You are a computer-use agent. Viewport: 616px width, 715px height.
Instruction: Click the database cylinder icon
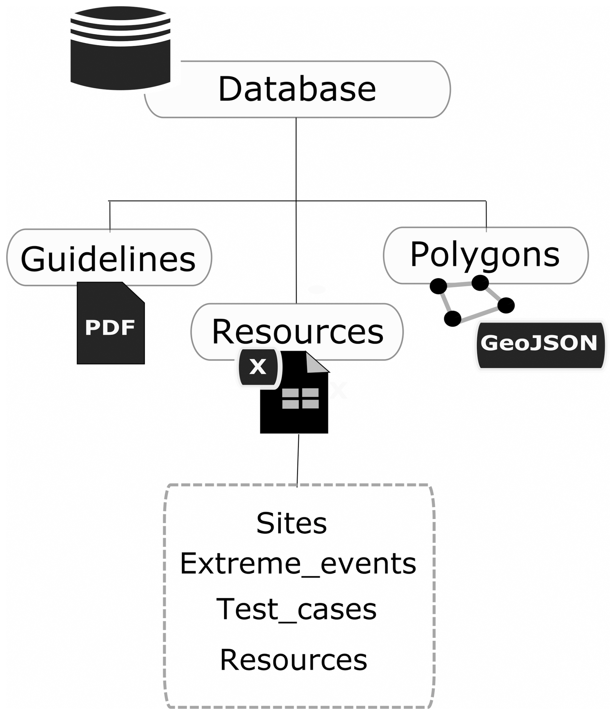(x=120, y=48)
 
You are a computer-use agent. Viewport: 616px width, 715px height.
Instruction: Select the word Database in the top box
(x=297, y=89)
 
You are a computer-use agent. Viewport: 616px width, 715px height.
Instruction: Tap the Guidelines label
(x=108, y=259)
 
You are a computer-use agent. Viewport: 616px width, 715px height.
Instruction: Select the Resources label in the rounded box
(x=297, y=332)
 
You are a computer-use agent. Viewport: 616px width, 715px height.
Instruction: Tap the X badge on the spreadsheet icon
(x=258, y=367)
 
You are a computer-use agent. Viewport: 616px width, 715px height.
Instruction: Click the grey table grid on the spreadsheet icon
(x=301, y=398)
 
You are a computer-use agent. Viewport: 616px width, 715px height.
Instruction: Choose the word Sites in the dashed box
(x=291, y=523)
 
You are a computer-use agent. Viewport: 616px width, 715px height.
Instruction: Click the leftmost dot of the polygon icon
(x=439, y=286)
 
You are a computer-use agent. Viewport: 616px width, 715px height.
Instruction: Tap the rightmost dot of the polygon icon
(x=506, y=305)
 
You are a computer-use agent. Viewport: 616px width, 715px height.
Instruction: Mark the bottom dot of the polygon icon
(x=452, y=319)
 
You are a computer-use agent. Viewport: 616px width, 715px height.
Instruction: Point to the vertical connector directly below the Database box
(x=296, y=159)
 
